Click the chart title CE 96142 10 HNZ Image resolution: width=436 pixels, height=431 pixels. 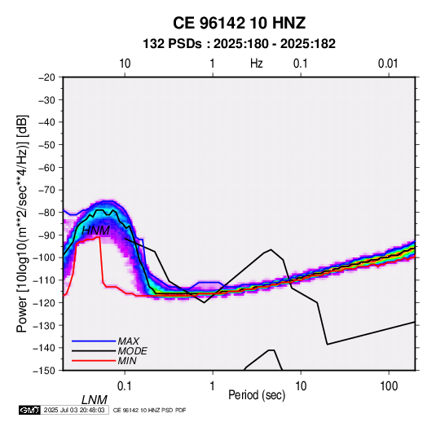pos(239,23)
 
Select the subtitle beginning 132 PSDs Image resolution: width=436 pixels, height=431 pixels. pos(239,44)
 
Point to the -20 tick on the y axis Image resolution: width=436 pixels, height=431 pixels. pos(46,77)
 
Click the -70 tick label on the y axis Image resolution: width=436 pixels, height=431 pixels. pos(46,190)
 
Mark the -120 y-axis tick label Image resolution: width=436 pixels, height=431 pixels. pos(45,302)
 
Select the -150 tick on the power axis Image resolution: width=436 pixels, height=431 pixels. pos(45,371)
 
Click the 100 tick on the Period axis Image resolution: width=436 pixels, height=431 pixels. pos(389,386)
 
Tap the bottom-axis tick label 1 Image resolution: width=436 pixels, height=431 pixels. pos(213,386)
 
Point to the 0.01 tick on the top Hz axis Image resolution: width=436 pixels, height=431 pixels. pos(388,64)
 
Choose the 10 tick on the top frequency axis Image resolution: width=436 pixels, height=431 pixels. pos(125,64)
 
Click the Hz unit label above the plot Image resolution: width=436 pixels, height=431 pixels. pos(257,64)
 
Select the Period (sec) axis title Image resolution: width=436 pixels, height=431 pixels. pos(257,395)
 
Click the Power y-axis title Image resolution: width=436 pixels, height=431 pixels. pos(22,223)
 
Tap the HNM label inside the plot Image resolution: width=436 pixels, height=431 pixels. pos(95,231)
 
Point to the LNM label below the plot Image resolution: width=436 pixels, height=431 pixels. pos(95,400)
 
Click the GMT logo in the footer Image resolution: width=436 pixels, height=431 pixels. pos(30,410)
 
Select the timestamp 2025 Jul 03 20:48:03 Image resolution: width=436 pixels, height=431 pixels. pos(74,410)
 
